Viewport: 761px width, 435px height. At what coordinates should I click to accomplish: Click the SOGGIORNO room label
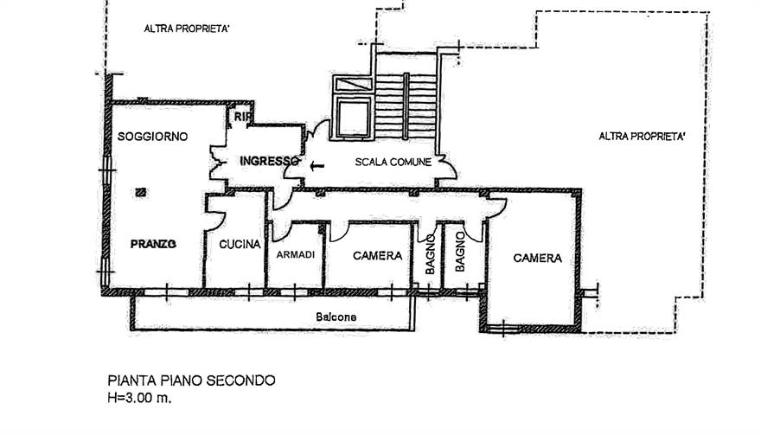(152, 137)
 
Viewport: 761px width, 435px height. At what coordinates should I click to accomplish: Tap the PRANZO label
(153, 244)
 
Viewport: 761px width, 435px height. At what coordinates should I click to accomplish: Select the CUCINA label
(240, 244)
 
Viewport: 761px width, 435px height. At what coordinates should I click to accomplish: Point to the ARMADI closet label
(296, 254)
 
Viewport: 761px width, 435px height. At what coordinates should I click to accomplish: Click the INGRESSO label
(270, 161)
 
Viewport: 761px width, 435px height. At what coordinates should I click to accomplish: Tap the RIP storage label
(242, 117)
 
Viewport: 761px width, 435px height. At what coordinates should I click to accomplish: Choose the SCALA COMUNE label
(393, 162)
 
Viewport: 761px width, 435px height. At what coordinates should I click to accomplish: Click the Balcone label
(336, 317)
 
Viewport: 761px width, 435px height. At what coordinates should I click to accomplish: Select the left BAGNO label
(430, 254)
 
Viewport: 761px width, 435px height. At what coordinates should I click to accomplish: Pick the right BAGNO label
(460, 252)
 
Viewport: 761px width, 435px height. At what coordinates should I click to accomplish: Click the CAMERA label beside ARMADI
(378, 255)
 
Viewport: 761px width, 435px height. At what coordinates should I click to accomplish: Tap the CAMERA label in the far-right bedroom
(538, 258)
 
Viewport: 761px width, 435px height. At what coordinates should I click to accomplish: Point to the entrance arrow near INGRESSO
(317, 167)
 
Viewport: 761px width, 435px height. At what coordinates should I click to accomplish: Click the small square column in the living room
(141, 192)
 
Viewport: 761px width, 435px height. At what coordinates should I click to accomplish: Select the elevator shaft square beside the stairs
(354, 118)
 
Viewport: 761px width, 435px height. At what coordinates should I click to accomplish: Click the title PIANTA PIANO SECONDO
(192, 381)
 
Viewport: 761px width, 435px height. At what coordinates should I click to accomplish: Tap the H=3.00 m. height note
(140, 398)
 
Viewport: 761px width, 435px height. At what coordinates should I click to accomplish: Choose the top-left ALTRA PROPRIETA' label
(187, 29)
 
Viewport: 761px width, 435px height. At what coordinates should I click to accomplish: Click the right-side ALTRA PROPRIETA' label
(642, 137)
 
